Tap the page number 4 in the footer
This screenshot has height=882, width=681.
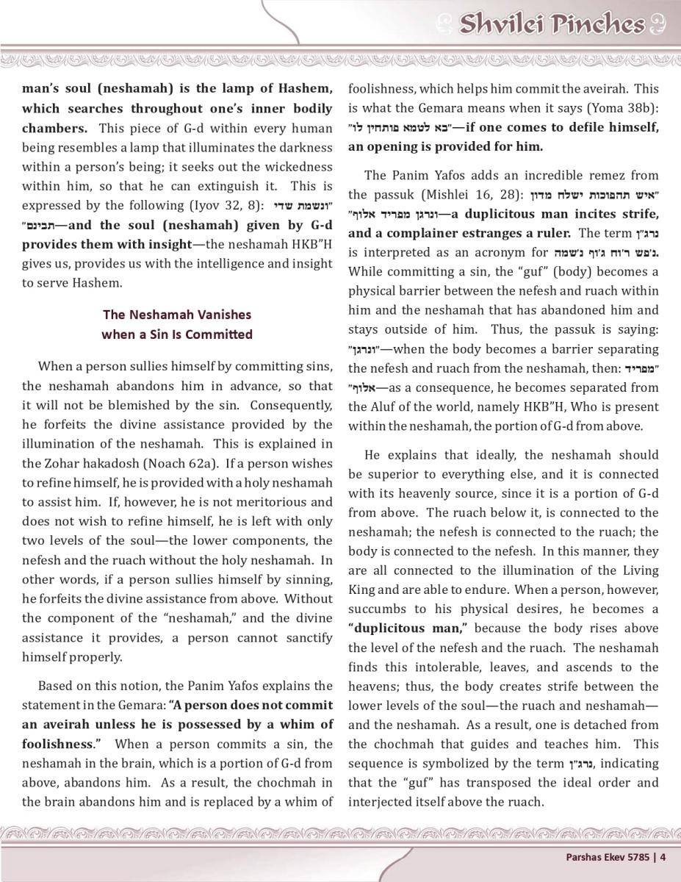[663, 856]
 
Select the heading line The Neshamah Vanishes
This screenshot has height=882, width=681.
[176, 315]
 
